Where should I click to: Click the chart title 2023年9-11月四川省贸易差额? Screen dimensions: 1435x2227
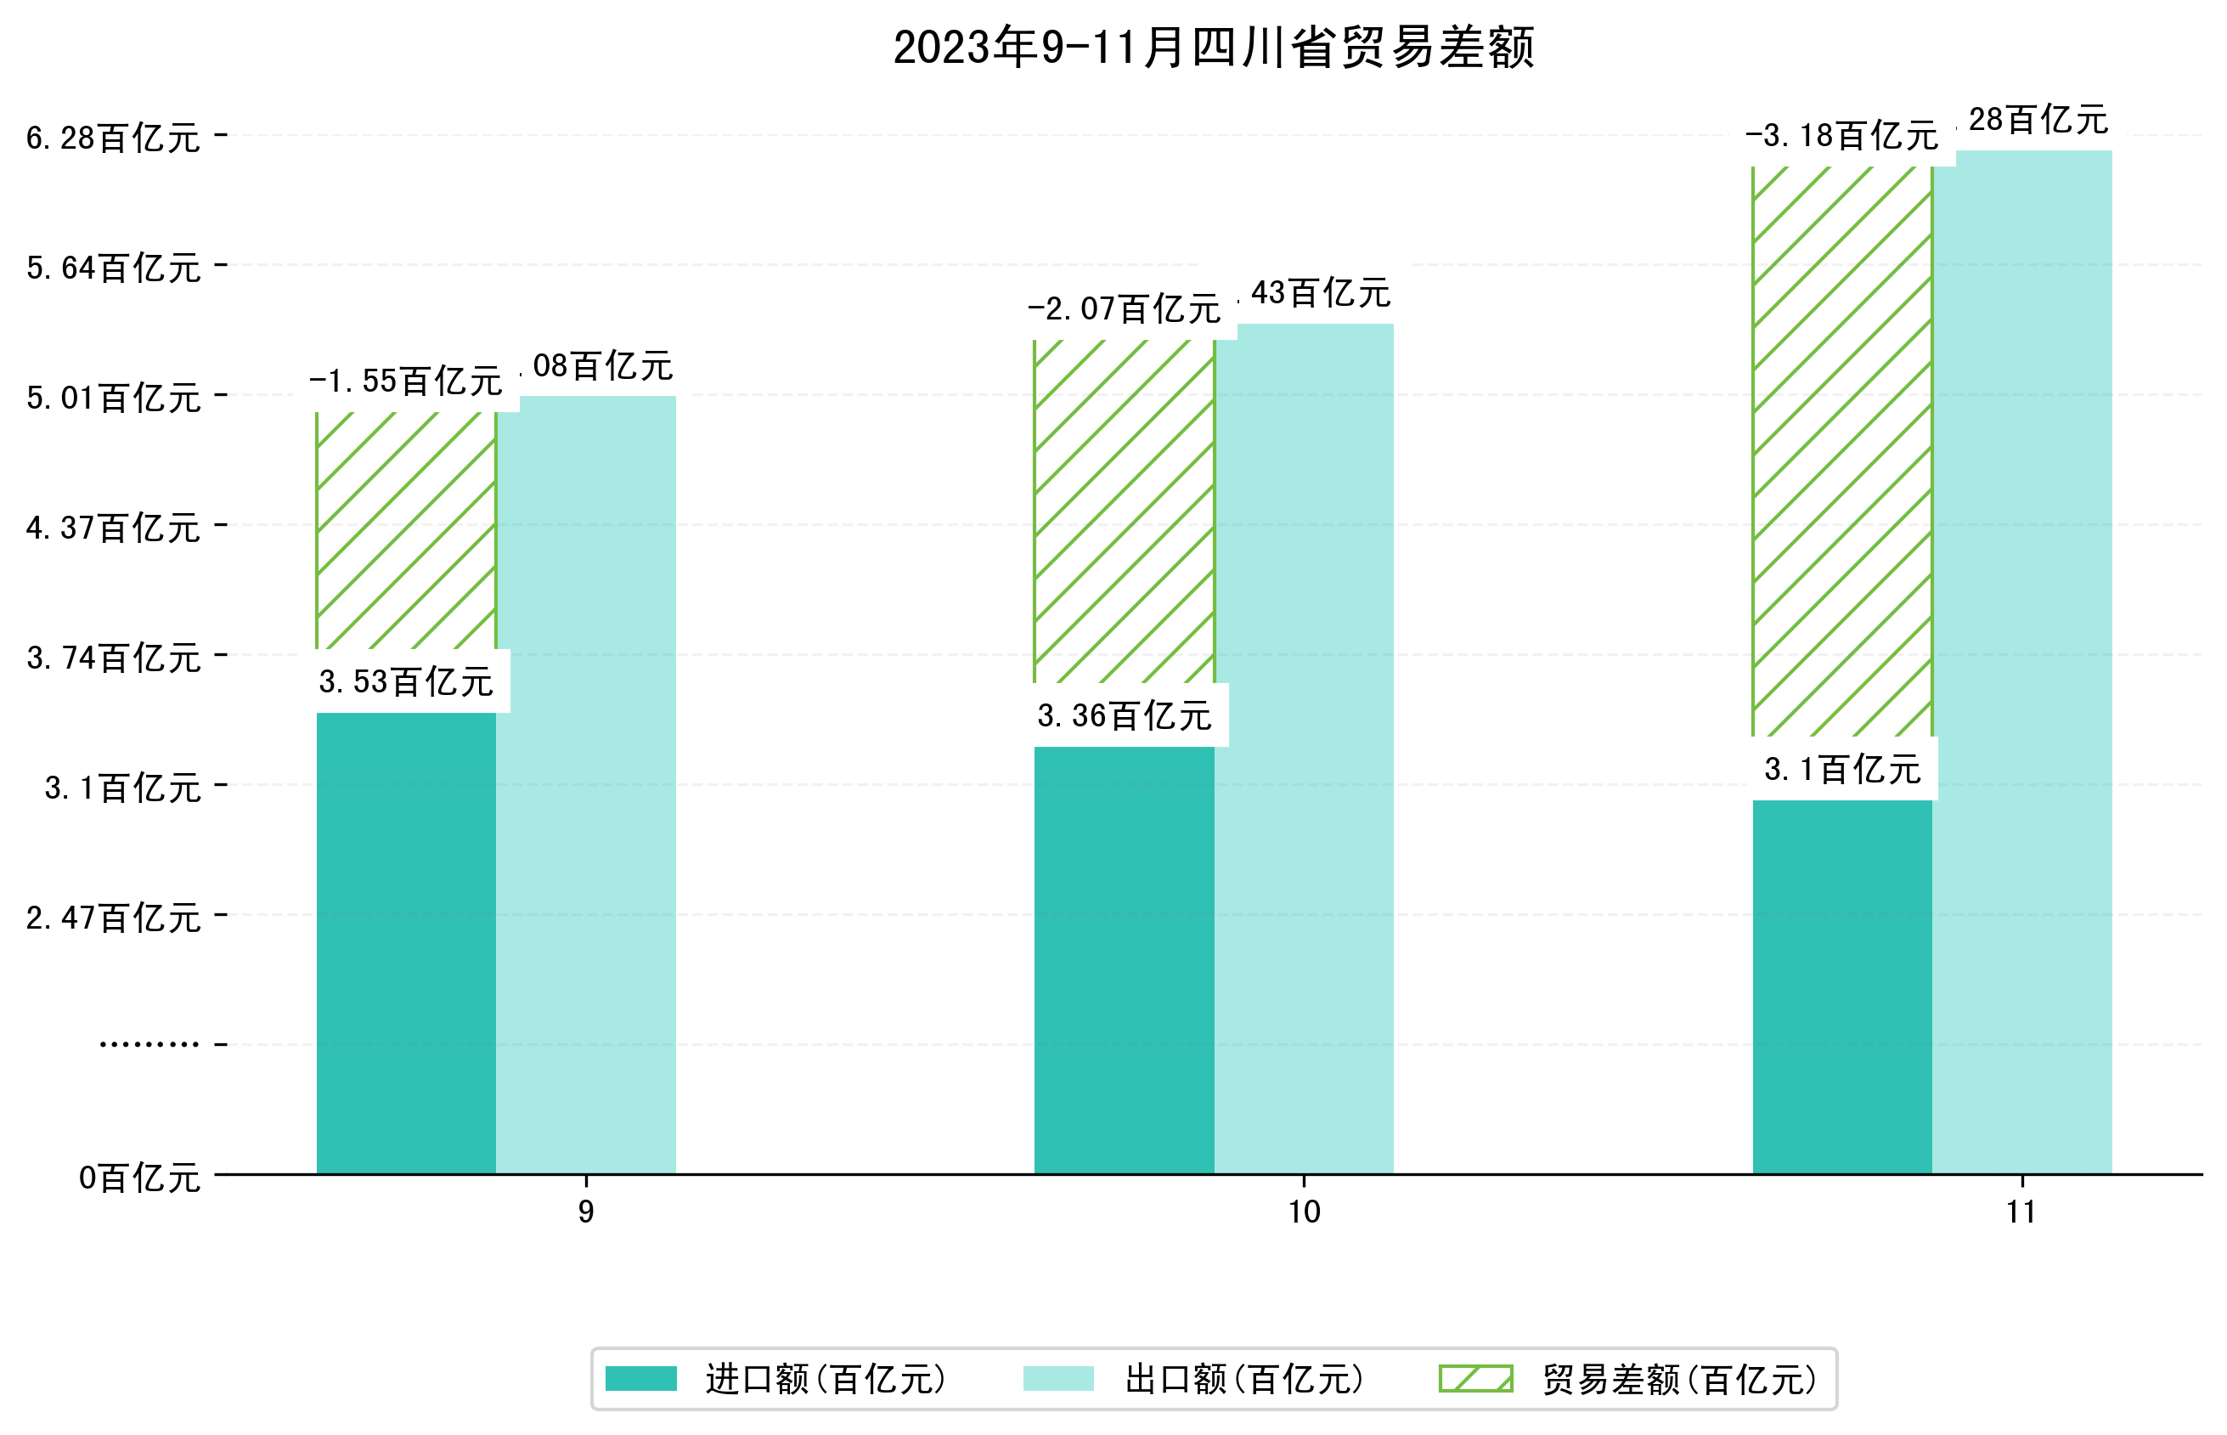(1213, 47)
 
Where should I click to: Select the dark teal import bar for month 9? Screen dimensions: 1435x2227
(406, 941)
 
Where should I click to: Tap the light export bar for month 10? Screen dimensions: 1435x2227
(1304, 745)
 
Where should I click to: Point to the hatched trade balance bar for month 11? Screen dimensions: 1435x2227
(1841, 451)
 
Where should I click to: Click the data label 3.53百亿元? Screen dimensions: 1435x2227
(406, 681)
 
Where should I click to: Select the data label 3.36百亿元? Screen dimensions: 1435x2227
(1125, 715)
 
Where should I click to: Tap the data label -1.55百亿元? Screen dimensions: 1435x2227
(406, 380)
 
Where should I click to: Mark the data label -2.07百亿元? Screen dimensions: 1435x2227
(1125, 308)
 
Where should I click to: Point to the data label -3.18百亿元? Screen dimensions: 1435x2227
(1841, 136)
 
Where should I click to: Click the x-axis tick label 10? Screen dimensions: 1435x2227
(1304, 1212)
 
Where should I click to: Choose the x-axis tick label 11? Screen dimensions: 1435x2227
(2021, 1212)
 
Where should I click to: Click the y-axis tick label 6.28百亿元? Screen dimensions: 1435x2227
(113, 138)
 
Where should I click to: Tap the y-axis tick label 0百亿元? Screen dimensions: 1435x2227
(138, 1178)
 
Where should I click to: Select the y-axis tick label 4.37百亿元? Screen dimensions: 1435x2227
(113, 528)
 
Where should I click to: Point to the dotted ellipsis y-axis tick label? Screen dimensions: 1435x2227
(149, 1043)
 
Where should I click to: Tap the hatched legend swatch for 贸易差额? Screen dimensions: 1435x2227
(1475, 1378)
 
